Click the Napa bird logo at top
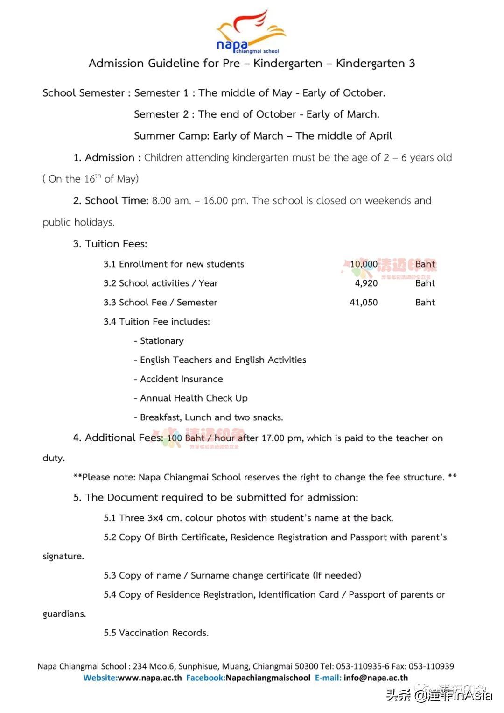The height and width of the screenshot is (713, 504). [x=251, y=31]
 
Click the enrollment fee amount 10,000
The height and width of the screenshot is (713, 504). [x=364, y=264]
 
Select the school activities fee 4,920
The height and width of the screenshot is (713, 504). [x=366, y=283]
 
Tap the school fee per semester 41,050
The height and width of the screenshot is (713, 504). [x=364, y=303]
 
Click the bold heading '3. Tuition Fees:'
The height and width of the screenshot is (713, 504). [x=110, y=244]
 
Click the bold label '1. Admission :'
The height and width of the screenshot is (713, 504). [x=107, y=158]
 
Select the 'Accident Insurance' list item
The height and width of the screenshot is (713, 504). [x=181, y=379]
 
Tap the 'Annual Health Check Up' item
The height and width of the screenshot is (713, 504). [x=194, y=398]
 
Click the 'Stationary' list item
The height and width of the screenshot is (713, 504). [x=161, y=341]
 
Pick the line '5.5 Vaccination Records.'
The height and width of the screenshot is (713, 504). [x=156, y=633]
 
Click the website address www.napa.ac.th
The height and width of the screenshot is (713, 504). [x=149, y=678]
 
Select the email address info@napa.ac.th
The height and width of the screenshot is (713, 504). [x=376, y=678]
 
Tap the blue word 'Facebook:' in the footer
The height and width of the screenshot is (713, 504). [x=205, y=678]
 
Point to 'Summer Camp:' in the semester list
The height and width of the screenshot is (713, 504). [x=171, y=136]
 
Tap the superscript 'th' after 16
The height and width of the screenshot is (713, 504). [x=98, y=176]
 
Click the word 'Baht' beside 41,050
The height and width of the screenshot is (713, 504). [x=425, y=303]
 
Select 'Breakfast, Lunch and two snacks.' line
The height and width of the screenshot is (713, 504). [x=211, y=417]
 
